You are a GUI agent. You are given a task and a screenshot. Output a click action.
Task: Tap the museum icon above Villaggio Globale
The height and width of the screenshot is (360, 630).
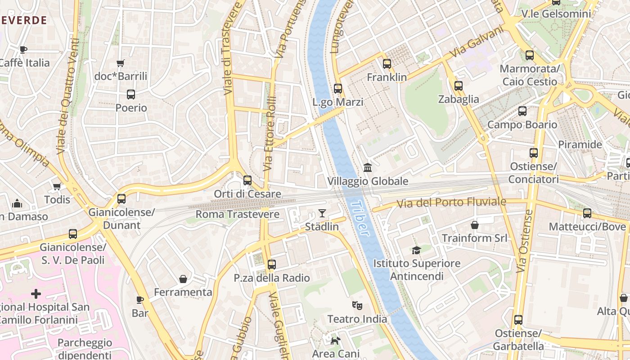368,168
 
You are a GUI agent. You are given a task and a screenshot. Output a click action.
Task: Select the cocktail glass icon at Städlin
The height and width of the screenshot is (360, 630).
322,213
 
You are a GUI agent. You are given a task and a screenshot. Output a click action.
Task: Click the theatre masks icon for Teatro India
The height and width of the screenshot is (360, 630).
357,306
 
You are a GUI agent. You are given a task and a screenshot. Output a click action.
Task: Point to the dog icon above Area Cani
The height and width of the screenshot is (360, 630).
335,341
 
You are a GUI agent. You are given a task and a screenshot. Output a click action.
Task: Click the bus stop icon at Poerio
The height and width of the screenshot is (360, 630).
131,94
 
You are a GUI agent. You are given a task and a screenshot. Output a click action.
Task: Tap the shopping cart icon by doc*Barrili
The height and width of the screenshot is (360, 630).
120,63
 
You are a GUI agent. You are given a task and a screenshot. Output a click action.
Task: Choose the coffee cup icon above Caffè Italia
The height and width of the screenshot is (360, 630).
23,49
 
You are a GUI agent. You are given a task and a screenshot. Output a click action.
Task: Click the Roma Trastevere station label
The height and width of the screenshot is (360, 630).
238,214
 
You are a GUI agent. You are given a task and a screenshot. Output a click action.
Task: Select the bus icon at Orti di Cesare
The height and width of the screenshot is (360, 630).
247,180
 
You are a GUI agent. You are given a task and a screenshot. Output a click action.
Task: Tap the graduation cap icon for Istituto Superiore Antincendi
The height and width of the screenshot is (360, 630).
416,250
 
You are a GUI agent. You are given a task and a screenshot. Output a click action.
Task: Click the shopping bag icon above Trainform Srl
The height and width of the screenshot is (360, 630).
474,225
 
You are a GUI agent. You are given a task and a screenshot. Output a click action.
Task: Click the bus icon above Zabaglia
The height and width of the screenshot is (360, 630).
458,86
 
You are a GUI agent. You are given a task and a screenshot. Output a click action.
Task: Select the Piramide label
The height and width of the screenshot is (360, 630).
580,144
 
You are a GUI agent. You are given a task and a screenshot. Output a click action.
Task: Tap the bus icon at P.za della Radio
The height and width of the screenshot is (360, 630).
271,265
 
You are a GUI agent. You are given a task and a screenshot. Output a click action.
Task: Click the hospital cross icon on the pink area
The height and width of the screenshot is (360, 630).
36,294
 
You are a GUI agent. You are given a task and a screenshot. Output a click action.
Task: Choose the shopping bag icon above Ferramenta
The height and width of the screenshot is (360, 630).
183,279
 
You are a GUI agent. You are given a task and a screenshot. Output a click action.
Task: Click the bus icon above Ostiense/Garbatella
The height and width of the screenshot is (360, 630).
518,320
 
